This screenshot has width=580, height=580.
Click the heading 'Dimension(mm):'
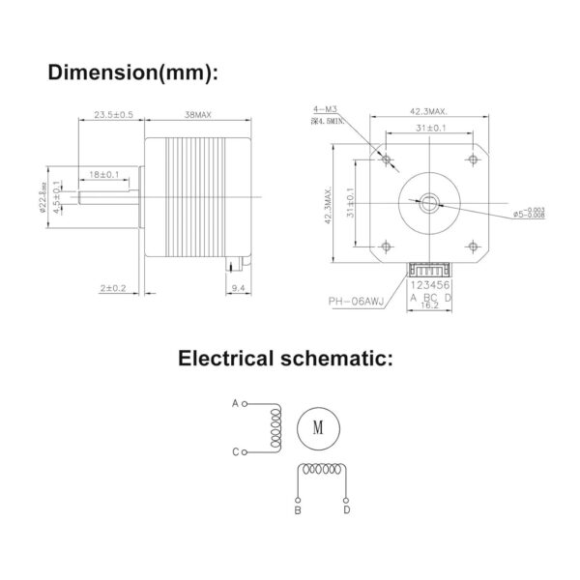click(133, 72)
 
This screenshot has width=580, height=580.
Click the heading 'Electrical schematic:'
click(286, 360)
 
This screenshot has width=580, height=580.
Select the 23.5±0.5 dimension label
click(112, 115)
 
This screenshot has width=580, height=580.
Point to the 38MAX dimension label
click(197, 115)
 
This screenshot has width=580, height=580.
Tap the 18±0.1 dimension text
click(104, 174)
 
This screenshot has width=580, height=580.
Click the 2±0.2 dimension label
click(112, 287)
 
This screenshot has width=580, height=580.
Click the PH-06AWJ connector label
click(356, 302)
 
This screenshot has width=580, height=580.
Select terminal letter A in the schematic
click(234, 401)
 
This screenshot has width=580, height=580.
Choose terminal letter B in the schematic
click(298, 508)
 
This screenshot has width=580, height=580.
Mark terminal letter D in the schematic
click(346, 508)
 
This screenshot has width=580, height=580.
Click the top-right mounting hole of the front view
click(472, 158)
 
